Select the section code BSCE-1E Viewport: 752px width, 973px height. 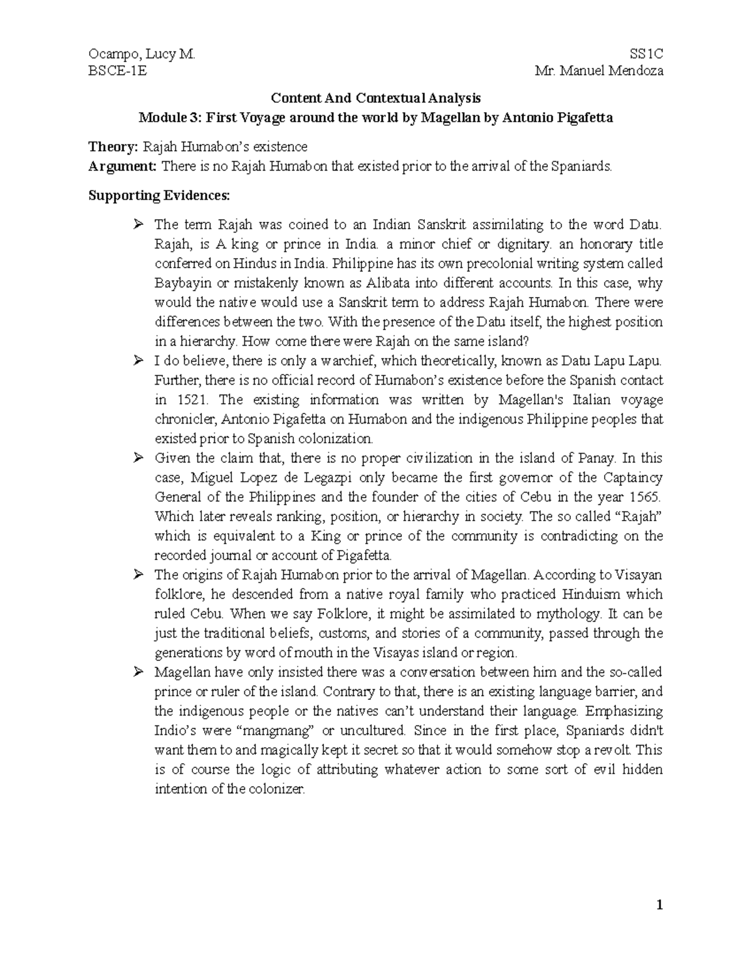click(118, 70)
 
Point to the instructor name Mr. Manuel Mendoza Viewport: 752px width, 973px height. click(599, 70)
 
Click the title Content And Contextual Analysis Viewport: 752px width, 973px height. click(375, 98)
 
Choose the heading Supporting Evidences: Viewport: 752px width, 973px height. click(159, 195)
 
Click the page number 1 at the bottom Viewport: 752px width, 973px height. click(659, 905)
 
